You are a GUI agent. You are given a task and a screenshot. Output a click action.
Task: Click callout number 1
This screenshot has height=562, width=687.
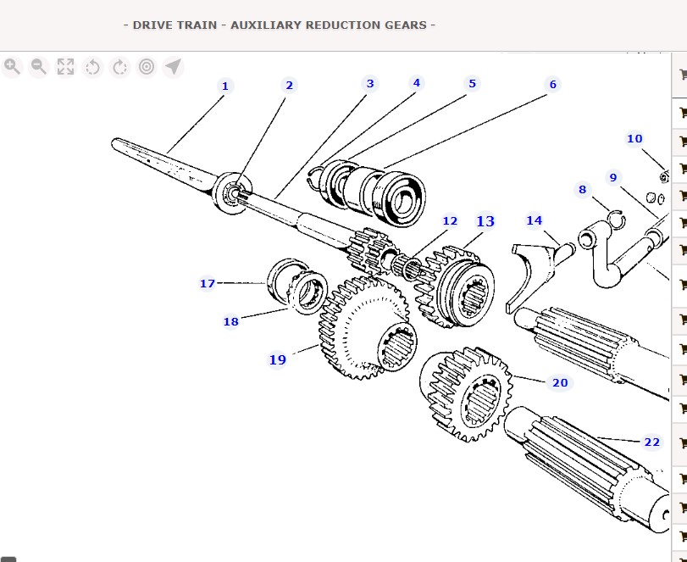point(224,86)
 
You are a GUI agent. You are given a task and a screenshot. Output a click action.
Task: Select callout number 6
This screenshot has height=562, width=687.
point(553,84)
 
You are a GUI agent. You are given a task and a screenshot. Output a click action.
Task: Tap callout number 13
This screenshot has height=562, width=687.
point(485,221)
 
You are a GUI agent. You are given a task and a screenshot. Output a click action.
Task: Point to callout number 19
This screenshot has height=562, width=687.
point(278,359)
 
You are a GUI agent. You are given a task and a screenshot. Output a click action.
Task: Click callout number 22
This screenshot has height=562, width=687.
point(651,442)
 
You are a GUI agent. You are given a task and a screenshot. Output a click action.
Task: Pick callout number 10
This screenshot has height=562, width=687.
point(634,139)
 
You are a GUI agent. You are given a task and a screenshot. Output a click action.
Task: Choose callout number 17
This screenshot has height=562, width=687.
point(208,283)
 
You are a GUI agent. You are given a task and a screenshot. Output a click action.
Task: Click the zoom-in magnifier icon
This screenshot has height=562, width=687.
point(12,67)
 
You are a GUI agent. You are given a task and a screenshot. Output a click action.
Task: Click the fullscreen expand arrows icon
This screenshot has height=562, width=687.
point(65,67)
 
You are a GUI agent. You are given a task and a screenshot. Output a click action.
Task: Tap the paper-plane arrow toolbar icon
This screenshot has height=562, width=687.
point(173,67)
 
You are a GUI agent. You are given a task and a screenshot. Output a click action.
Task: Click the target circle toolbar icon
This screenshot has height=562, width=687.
point(146,67)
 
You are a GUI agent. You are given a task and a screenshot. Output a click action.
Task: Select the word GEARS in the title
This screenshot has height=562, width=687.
point(410,25)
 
